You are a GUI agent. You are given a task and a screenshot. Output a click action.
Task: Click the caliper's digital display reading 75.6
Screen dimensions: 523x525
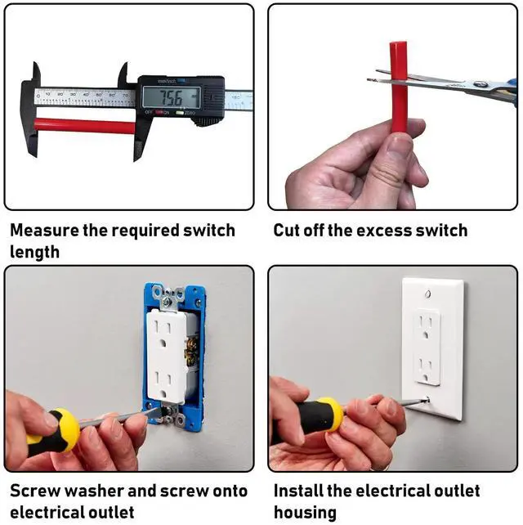[x=172, y=97]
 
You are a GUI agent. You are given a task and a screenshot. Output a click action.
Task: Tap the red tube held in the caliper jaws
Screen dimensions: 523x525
[x=85, y=126]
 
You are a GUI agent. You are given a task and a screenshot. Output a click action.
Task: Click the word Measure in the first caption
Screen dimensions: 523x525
[x=43, y=231]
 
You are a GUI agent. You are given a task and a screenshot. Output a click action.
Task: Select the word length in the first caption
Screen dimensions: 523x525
[x=34, y=252]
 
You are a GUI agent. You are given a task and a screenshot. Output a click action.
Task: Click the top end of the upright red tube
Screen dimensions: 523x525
[x=398, y=43]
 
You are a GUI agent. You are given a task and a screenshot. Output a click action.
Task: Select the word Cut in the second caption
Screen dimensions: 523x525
[x=287, y=231]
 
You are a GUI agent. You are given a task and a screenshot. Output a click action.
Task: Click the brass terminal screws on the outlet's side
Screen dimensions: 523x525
[x=191, y=351]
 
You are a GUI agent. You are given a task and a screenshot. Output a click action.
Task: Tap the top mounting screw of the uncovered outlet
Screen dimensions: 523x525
[x=167, y=303]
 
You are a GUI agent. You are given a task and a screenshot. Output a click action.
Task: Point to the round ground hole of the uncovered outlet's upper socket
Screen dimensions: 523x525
[x=163, y=343]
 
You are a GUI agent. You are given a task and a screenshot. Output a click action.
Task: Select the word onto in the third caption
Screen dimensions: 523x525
[x=230, y=491]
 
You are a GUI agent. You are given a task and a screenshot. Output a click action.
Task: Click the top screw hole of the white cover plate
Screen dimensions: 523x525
[x=427, y=294]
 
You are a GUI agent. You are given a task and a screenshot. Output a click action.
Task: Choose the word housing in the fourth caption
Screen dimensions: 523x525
[x=305, y=513]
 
